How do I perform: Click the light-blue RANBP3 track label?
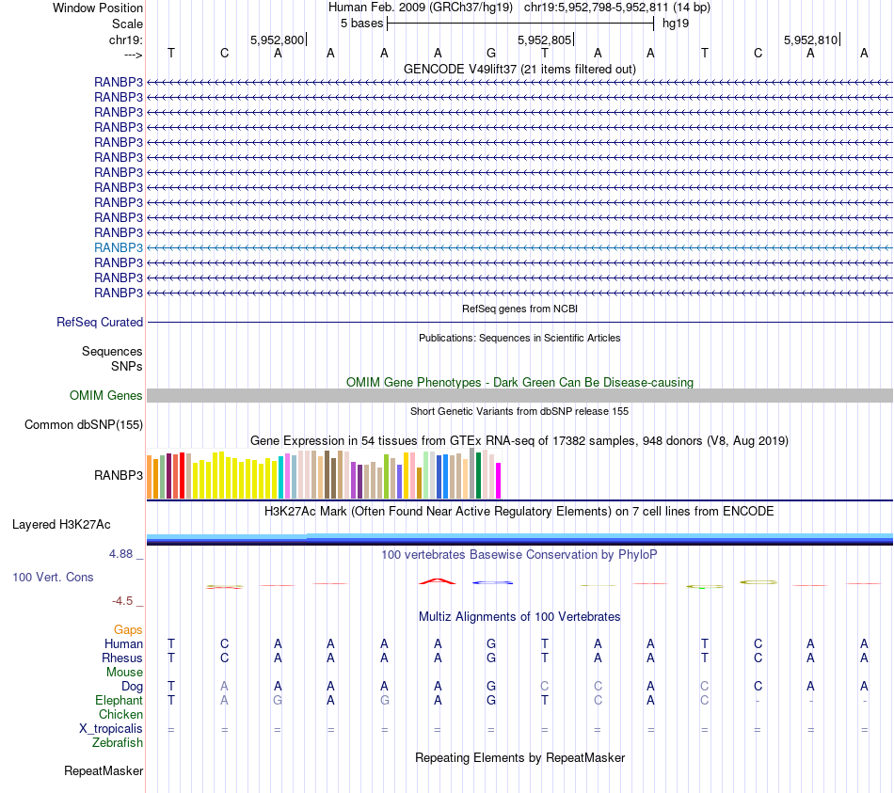coord(119,247)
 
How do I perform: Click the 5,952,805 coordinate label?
coord(544,40)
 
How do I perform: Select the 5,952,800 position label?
coord(277,40)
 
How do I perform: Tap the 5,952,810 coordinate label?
coord(809,40)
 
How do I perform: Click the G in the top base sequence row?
coord(491,54)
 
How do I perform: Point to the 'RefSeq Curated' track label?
coord(100,322)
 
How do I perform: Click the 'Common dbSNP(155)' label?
coord(84,425)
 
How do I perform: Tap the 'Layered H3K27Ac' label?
coord(61,524)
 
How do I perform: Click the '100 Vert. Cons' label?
coord(53,577)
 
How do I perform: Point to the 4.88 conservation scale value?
coord(121,554)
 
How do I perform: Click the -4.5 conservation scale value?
coord(122,601)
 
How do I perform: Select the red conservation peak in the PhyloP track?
coord(438,581)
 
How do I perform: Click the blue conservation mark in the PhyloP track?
coord(492,583)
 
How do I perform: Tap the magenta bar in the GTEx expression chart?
coord(499,480)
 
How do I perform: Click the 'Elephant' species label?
coord(119,701)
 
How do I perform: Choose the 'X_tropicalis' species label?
coord(111,729)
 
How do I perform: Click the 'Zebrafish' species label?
coord(118,743)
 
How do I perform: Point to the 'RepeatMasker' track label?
coord(104,771)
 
